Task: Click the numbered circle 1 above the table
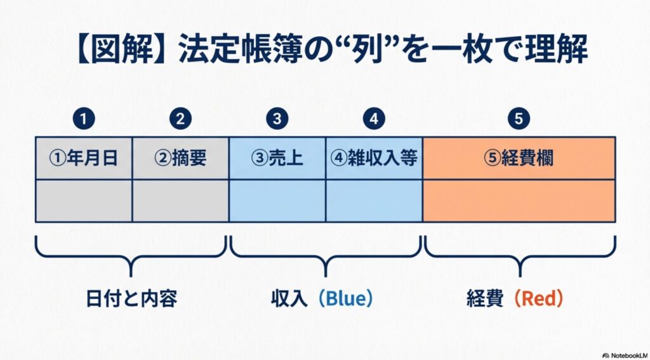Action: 84,118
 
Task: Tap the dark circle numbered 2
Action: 181,118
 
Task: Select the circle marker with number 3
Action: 277,118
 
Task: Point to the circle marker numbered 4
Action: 374,118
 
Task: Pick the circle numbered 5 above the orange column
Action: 519,118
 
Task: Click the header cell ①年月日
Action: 84,158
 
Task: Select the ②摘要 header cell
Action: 181,158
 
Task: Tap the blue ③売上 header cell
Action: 277,158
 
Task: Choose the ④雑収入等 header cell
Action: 374,158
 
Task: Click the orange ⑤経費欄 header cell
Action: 519,158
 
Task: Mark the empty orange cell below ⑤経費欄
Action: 519,201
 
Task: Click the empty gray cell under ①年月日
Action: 84,201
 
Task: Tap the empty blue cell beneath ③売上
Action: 277,201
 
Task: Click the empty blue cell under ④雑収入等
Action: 374,201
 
